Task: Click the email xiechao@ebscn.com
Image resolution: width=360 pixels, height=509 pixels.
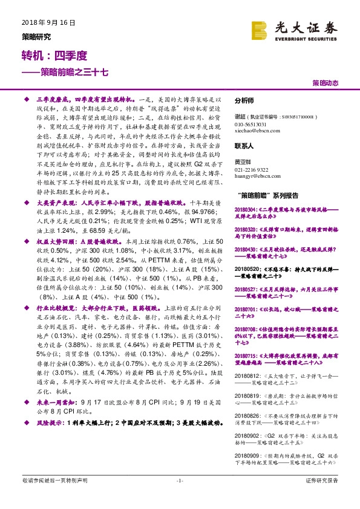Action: pyautogui.click(x=256, y=131)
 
